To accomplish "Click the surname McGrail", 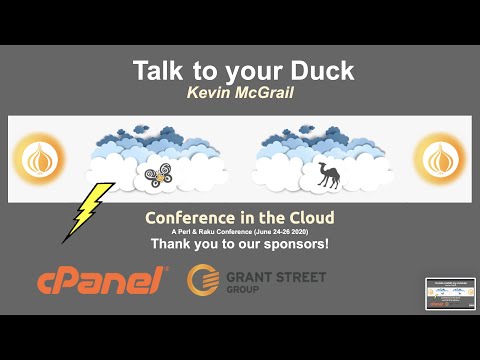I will pyautogui.click(x=265, y=93).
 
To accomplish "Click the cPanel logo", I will pyautogui.click(x=101, y=281).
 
